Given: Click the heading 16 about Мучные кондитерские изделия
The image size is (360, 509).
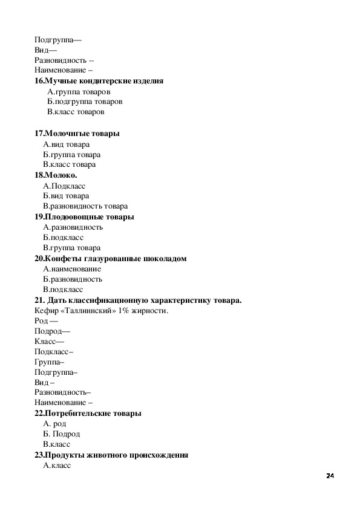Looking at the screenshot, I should (x=99, y=81).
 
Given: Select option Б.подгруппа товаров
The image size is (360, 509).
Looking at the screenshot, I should (x=85, y=102).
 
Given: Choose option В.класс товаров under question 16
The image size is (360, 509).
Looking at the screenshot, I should (x=76, y=112).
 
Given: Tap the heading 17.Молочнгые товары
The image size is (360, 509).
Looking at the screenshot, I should (x=77, y=133).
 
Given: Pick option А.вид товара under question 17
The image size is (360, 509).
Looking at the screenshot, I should (x=66, y=144).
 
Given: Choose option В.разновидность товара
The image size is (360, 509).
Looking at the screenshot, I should (x=85, y=206).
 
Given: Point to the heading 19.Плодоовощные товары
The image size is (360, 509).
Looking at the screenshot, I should (x=84, y=216).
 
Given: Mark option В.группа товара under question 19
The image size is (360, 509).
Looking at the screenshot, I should (x=71, y=248).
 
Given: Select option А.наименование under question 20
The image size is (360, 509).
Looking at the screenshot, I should (x=72, y=269).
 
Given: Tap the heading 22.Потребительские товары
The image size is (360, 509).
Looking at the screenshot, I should (x=88, y=413).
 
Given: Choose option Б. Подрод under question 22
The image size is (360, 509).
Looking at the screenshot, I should (x=62, y=434).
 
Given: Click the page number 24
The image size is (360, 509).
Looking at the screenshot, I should (x=330, y=476).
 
